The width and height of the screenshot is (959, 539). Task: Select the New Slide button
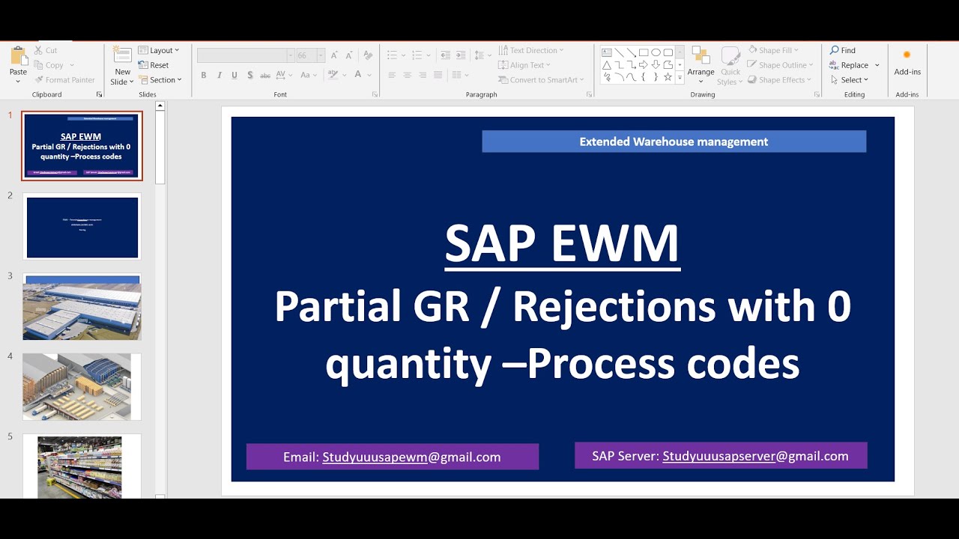click(122, 65)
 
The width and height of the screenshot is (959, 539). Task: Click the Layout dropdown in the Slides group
click(160, 50)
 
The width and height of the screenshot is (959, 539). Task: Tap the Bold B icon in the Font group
click(203, 75)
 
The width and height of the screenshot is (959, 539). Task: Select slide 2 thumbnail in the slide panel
click(82, 227)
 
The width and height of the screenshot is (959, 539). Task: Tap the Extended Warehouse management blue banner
click(674, 141)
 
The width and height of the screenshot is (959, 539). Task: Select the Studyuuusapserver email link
click(719, 456)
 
